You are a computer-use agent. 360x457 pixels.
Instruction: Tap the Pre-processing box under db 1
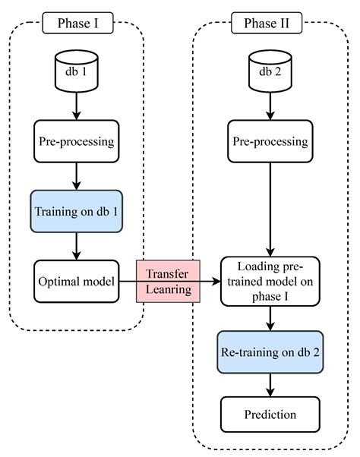pos(77,141)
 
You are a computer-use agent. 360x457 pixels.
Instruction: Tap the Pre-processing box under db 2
pos(269,141)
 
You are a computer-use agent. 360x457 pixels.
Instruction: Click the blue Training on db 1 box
pos(77,210)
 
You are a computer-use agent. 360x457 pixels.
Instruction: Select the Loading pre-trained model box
pos(269,282)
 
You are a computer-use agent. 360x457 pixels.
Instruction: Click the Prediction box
pos(269,414)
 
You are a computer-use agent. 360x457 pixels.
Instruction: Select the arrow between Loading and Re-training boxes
pos(269,318)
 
